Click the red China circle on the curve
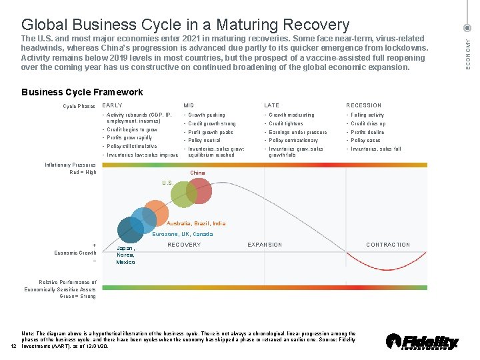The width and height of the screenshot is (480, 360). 198,191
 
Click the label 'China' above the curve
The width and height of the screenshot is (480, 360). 197,173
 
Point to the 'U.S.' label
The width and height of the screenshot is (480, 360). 168,183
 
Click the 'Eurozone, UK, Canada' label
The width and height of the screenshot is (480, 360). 182,234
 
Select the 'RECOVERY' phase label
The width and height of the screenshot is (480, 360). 184,245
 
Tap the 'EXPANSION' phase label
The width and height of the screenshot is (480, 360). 265,245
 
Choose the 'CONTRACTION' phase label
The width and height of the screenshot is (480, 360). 388,245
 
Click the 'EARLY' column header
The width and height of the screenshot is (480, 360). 112,105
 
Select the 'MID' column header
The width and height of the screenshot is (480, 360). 189,105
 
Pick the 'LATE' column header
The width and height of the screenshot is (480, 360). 271,105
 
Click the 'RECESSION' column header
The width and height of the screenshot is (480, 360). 364,105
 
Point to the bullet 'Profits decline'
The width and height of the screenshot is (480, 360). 367,132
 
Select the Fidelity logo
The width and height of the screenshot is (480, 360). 422,341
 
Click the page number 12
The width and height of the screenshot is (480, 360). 13,345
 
